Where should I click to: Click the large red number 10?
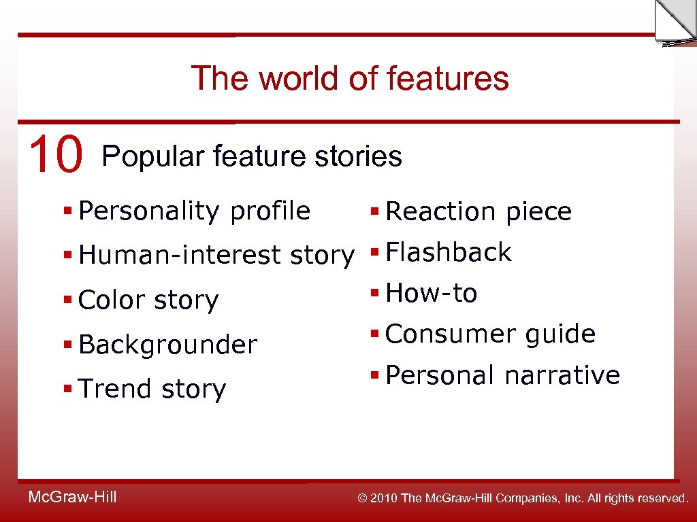tap(56, 154)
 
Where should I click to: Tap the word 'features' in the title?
tap(447, 78)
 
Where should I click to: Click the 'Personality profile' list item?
tap(194, 211)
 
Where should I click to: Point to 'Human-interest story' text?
tap(216, 256)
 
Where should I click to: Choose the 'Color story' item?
tap(148, 300)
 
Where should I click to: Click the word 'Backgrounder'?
tap(167, 345)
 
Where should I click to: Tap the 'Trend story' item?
tap(152, 389)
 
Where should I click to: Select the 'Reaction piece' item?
tap(478, 212)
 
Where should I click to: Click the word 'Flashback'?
tap(448, 253)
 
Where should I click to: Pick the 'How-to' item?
tap(431, 294)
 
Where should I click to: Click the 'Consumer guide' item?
tap(490, 334)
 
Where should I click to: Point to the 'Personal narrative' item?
tap(502, 375)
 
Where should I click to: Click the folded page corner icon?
tap(674, 23)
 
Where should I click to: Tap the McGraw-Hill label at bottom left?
tap(72, 498)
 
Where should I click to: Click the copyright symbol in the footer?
tap(362, 499)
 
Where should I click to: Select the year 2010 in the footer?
tap(385, 499)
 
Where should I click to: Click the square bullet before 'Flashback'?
tap(374, 254)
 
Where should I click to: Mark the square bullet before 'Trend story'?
tap(67, 389)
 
